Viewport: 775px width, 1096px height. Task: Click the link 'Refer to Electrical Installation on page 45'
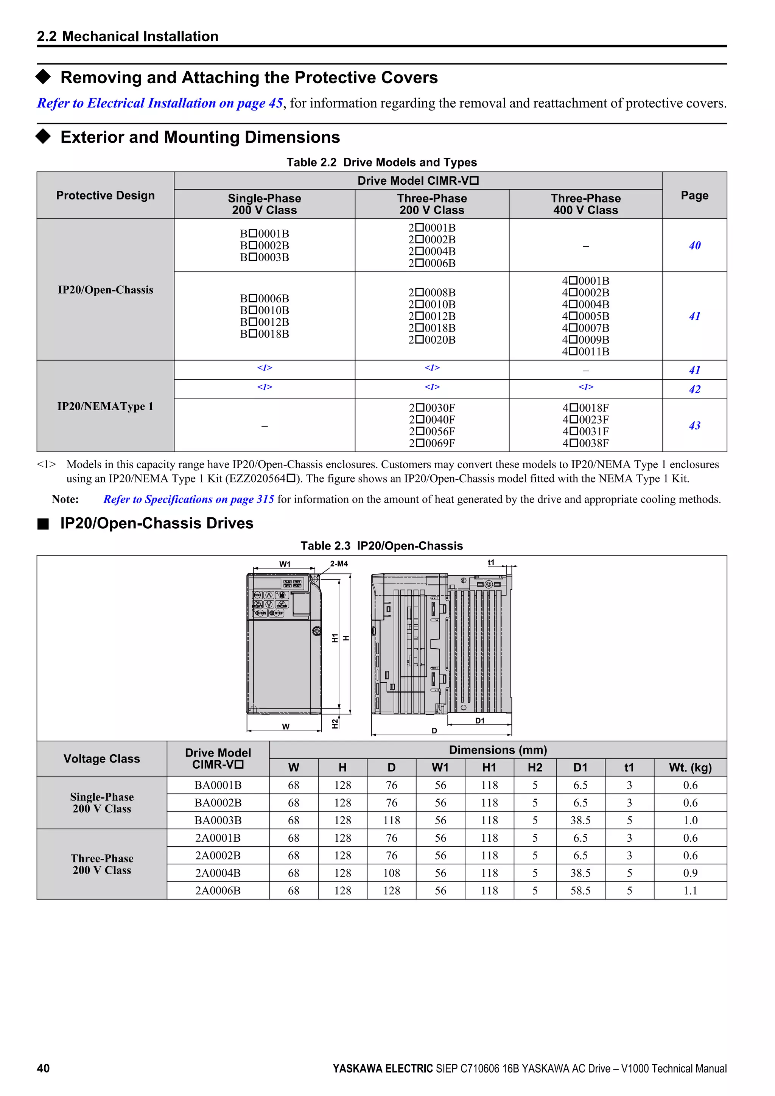[x=160, y=103]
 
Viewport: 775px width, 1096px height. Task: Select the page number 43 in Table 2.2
[x=694, y=425]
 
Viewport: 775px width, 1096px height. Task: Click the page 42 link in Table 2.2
[x=694, y=389]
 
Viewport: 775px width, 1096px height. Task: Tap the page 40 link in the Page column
[x=694, y=245]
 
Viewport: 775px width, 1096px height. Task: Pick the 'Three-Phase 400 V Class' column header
[x=585, y=204]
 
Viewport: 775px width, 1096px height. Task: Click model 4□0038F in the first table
[x=585, y=443]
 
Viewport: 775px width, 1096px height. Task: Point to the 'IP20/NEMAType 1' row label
[x=106, y=406]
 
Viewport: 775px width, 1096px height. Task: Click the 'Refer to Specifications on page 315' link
[x=188, y=499]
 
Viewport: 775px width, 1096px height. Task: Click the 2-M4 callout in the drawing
[x=339, y=564]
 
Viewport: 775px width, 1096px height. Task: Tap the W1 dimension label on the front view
[x=285, y=564]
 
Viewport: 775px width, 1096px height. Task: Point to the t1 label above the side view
[x=491, y=563]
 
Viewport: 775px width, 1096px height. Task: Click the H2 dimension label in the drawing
[x=335, y=724]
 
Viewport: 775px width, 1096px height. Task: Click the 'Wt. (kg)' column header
[x=690, y=768]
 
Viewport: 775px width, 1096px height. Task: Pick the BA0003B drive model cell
[x=218, y=820]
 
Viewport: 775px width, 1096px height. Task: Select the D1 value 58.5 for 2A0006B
[x=580, y=890]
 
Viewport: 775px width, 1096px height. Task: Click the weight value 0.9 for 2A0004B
[x=690, y=873]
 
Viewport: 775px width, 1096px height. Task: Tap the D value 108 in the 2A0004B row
[x=391, y=873]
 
